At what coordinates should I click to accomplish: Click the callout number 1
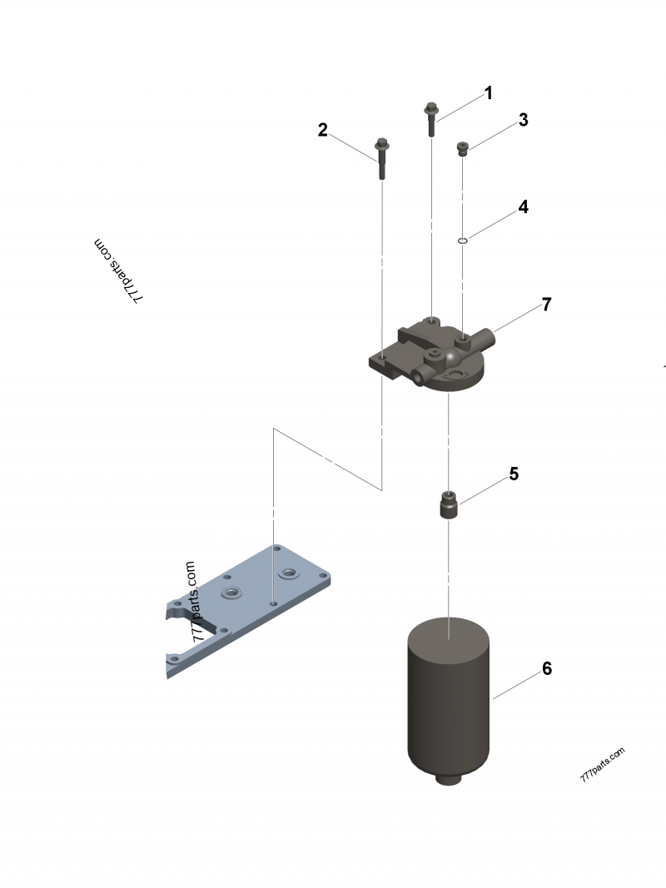point(488,93)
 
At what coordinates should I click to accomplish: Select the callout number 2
point(323,131)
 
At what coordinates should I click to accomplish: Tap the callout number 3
point(524,120)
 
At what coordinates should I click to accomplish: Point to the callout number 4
point(524,207)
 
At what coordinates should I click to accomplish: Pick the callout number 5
point(514,474)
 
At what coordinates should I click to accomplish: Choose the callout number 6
point(547,668)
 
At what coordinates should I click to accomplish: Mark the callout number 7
point(546,305)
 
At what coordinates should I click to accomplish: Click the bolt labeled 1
point(431,119)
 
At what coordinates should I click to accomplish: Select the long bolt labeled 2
point(381,159)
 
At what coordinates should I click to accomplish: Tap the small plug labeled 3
point(462,148)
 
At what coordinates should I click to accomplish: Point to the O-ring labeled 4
point(462,241)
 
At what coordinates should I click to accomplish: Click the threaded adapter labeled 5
point(448,504)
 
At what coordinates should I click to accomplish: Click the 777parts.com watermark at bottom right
point(603,765)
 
